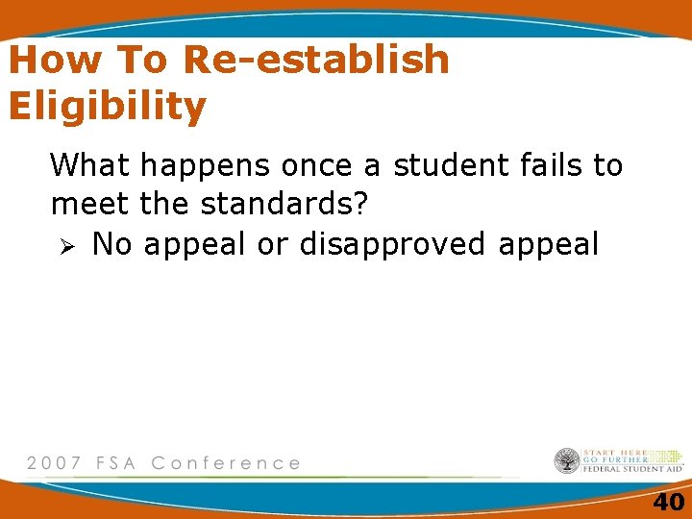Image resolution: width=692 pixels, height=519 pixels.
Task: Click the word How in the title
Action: (x=56, y=61)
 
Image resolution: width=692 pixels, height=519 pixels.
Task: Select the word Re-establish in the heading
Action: (x=315, y=61)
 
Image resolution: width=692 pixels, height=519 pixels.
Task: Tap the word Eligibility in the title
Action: (x=107, y=107)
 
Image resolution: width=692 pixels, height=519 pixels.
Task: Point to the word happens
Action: (x=207, y=167)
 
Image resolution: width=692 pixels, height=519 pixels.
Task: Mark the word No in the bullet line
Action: (x=112, y=244)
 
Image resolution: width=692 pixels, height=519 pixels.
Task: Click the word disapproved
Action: (x=393, y=246)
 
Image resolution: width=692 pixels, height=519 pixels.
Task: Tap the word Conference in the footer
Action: (x=226, y=463)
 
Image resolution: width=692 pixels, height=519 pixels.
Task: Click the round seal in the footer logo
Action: (x=567, y=461)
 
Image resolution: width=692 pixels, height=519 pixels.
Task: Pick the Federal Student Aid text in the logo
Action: (x=633, y=469)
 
